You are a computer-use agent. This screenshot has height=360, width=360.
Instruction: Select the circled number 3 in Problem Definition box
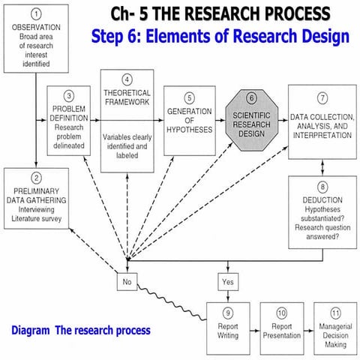[69, 96]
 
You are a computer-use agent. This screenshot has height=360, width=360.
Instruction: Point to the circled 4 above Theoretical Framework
[127, 79]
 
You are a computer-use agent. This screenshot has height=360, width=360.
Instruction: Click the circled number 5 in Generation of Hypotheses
[189, 97]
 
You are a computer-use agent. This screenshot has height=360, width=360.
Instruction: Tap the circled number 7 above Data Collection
[322, 97]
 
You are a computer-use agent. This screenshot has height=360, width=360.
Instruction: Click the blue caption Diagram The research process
[81, 330]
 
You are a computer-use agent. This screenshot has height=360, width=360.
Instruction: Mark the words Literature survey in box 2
[35, 217]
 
